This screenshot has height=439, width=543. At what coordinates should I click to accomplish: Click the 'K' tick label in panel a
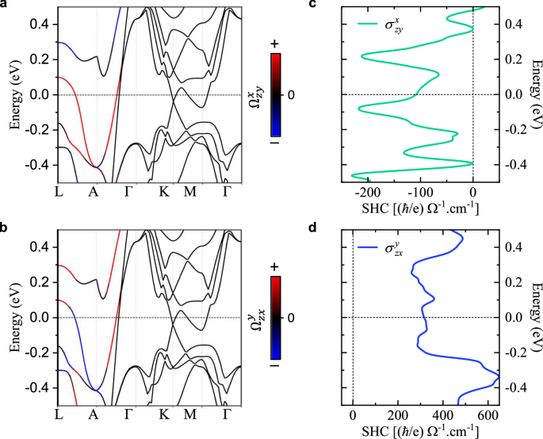point(164,191)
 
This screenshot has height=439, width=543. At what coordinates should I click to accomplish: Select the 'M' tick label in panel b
point(190,414)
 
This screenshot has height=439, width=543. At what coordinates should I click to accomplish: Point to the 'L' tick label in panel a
point(59,191)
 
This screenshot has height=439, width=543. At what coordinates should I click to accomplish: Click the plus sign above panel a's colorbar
point(274,46)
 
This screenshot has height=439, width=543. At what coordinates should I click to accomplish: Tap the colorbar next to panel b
point(274,317)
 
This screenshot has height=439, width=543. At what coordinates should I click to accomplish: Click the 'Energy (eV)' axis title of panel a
point(13,94)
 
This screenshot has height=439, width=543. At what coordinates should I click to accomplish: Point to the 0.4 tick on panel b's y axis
point(44,247)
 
